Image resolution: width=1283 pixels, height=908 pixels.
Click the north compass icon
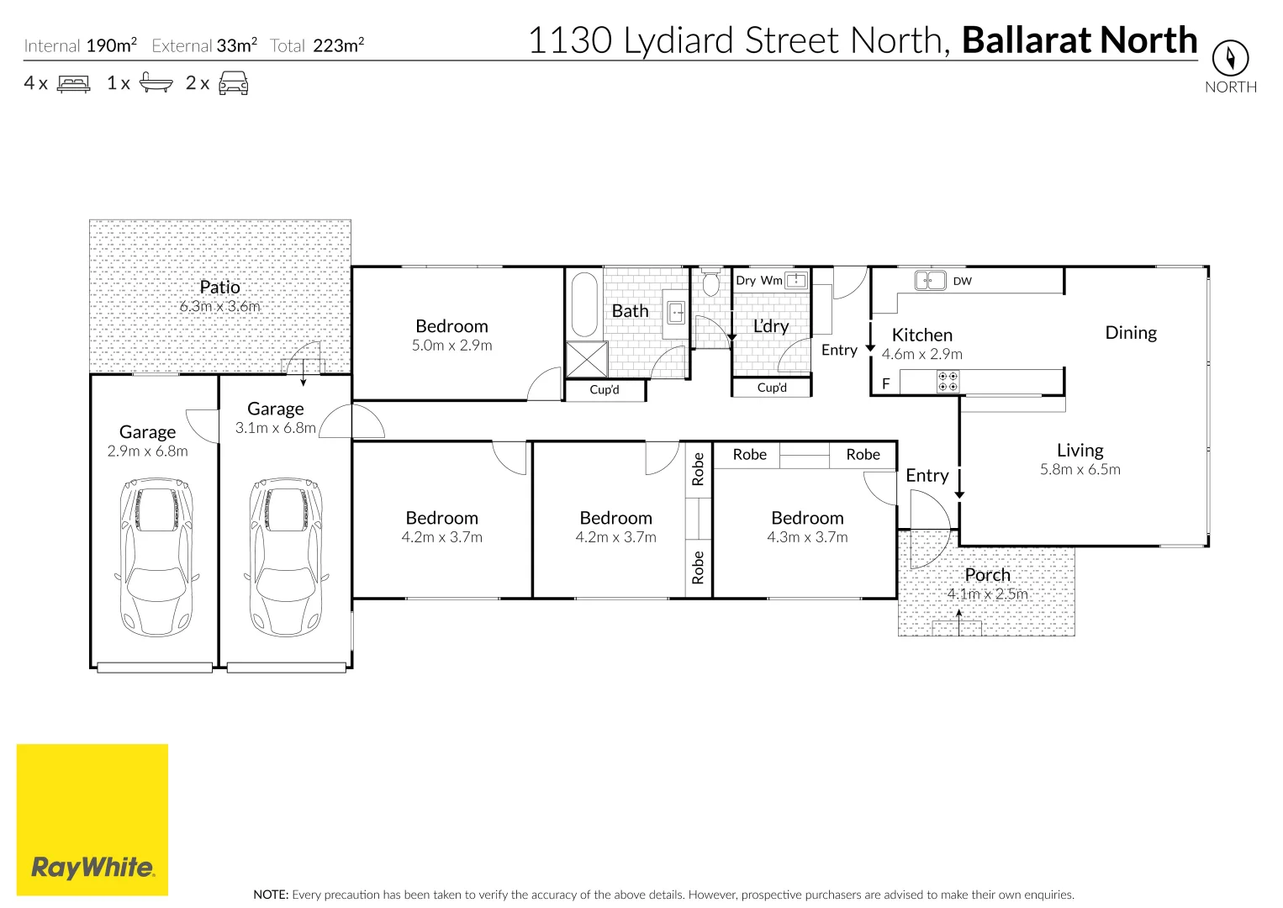click(x=1230, y=58)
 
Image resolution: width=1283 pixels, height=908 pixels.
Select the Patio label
click(x=220, y=288)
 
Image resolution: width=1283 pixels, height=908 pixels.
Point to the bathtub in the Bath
click(x=584, y=304)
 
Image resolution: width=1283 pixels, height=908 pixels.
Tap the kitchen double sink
click(x=930, y=280)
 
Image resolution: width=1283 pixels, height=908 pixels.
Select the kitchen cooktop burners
click(x=948, y=382)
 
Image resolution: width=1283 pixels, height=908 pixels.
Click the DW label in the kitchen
click(x=963, y=281)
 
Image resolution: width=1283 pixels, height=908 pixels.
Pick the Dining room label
click(x=1131, y=333)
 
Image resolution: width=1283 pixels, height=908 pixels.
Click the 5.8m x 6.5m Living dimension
click(x=1080, y=470)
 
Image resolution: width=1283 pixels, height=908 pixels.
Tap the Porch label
click(x=987, y=575)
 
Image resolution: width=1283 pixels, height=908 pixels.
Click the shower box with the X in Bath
click(x=587, y=359)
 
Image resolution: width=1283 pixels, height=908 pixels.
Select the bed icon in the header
click(x=74, y=83)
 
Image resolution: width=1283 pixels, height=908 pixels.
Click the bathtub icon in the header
click(x=156, y=83)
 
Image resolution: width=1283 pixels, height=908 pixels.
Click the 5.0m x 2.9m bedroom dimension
click(x=451, y=346)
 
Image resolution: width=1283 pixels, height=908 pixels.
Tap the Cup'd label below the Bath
click(x=605, y=390)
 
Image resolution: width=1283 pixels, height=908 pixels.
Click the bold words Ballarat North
click(x=1079, y=40)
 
